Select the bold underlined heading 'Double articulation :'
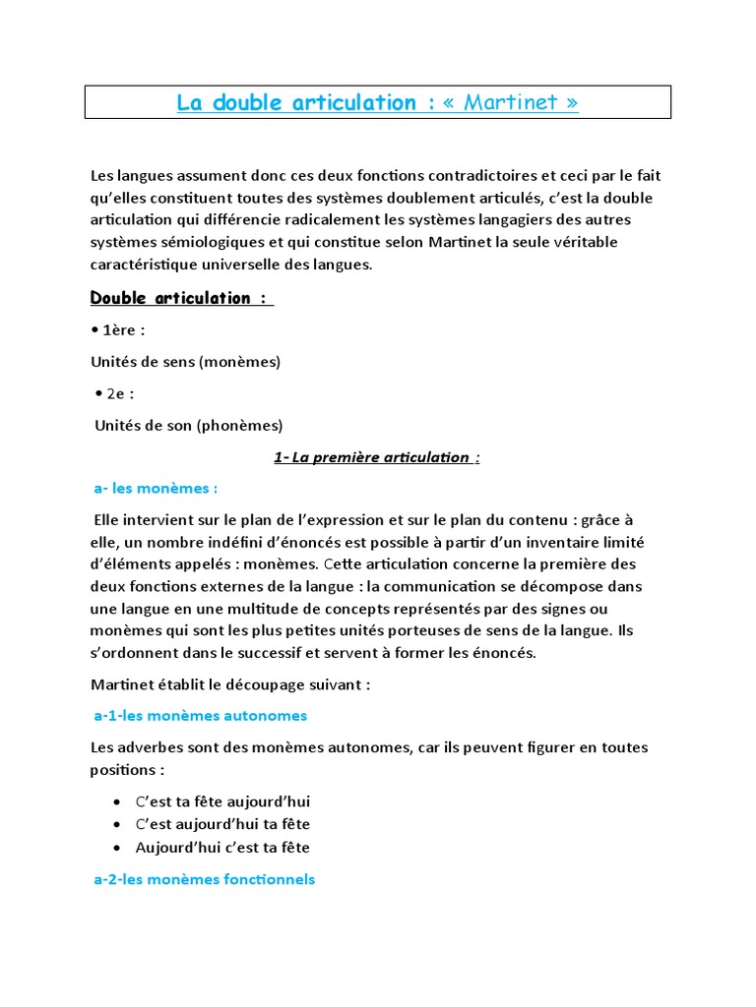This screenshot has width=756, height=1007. (x=181, y=298)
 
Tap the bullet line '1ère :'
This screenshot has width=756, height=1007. (x=118, y=330)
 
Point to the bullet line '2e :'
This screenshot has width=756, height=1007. (x=116, y=393)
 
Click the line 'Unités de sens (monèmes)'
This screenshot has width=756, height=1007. (x=185, y=362)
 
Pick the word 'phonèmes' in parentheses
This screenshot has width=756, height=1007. (x=241, y=425)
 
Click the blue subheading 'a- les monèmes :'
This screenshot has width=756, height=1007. (x=156, y=488)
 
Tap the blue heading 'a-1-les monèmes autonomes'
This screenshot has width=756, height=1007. (x=200, y=715)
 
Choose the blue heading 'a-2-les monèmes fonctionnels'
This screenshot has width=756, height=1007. (x=204, y=879)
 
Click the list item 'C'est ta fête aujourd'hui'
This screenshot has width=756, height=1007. (x=224, y=801)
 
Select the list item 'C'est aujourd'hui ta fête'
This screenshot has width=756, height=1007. (x=224, y=824)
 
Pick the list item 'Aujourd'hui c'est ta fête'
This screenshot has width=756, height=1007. (x=224, y=847)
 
